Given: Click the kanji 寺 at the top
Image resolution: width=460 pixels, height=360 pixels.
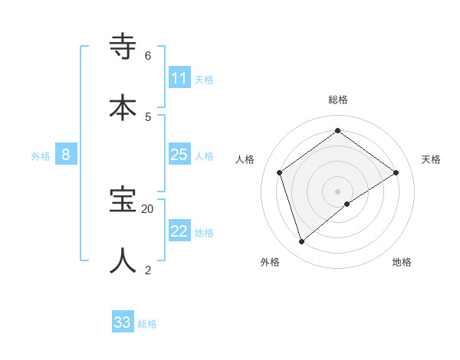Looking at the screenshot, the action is tap(123, 47).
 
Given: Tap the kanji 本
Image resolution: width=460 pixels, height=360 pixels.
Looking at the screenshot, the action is tap(123, 106).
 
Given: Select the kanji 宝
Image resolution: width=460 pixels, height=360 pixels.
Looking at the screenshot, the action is tap(123, 200).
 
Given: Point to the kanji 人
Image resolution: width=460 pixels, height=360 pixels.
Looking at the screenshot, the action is tap(123, 260).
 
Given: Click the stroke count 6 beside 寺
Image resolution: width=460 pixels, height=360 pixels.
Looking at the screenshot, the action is tap(148, 56).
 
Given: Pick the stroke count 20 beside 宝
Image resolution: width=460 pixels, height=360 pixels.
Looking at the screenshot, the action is tap(148, 208).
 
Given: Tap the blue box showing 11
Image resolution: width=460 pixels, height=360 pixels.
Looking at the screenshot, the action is tap(179, 78).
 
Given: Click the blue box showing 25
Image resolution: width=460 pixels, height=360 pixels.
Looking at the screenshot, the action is tap(179, 155).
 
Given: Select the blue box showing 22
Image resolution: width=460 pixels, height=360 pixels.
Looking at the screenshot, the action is tap(179, 231).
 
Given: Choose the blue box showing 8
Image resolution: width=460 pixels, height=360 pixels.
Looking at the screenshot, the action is tap(66, 155).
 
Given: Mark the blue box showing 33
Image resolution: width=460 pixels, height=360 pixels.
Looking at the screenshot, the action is tap(122, 322).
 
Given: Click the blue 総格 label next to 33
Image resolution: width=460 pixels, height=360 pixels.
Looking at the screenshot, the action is tap(147, 324).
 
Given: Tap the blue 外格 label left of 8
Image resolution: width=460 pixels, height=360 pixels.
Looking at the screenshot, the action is tap(41, 156).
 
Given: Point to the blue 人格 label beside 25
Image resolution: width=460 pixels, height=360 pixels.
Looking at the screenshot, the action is tap(204, 156).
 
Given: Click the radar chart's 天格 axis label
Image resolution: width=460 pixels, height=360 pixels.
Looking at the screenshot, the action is tap(431, 159).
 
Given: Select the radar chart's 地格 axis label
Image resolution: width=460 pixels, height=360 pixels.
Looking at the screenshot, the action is tap(402, 262).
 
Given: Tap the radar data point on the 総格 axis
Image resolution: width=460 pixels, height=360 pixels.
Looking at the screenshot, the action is tap(337, 130).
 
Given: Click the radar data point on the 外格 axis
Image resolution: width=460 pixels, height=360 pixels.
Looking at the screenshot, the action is tap(301, 242).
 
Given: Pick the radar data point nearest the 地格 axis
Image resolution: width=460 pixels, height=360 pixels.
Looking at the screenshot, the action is tap(347, 204).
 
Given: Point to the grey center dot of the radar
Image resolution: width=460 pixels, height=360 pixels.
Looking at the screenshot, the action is tap(337, 191).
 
